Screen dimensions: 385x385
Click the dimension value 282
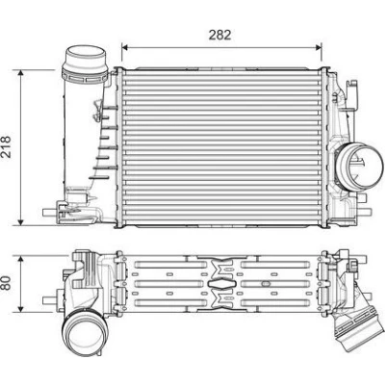(x=219, y=35)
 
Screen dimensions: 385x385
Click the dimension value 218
(x=6, y=146)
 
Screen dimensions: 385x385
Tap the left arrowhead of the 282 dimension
(x=125, y=47)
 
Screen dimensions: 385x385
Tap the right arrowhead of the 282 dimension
(x=319, y=47)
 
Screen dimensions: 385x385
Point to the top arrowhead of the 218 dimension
(x=21, y=73)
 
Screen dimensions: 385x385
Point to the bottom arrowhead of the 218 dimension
(x=21, y=221)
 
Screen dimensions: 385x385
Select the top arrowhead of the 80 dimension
(x=21, y=259)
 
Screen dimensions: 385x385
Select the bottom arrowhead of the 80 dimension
(x=21, y=308)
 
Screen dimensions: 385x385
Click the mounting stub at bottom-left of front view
(x=50, y=213)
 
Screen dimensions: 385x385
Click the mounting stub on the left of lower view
(x=50, y=300)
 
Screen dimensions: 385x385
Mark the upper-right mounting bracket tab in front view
(x=353, y=92)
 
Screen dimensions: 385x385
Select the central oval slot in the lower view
(x=220, y=284)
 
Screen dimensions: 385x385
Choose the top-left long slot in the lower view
(x=170, y=265)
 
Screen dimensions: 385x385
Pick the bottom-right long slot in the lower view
(x=275, y=302)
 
